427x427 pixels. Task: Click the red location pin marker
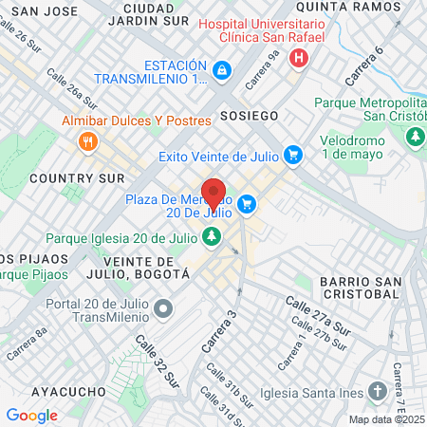(x=213, y=194)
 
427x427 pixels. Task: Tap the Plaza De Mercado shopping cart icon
(x=247, y=203)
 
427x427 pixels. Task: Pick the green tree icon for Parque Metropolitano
(x=414, y=139)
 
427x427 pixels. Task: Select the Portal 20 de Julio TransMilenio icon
(x=164, y=308)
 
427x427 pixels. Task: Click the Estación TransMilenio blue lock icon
(x=221, y=70)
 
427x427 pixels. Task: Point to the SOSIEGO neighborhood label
(x=249, y=115)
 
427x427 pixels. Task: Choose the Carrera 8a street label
(x=27, y=343)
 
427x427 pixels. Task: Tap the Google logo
(x=31, y=415)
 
